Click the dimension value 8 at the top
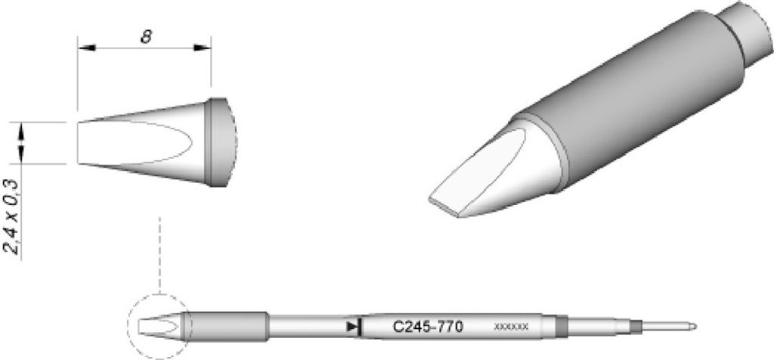(144, 36)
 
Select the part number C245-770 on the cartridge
(428, 327)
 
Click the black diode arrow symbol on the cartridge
(352, 327)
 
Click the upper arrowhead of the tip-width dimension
(23, 131)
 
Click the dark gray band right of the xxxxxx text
(561, 327)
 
